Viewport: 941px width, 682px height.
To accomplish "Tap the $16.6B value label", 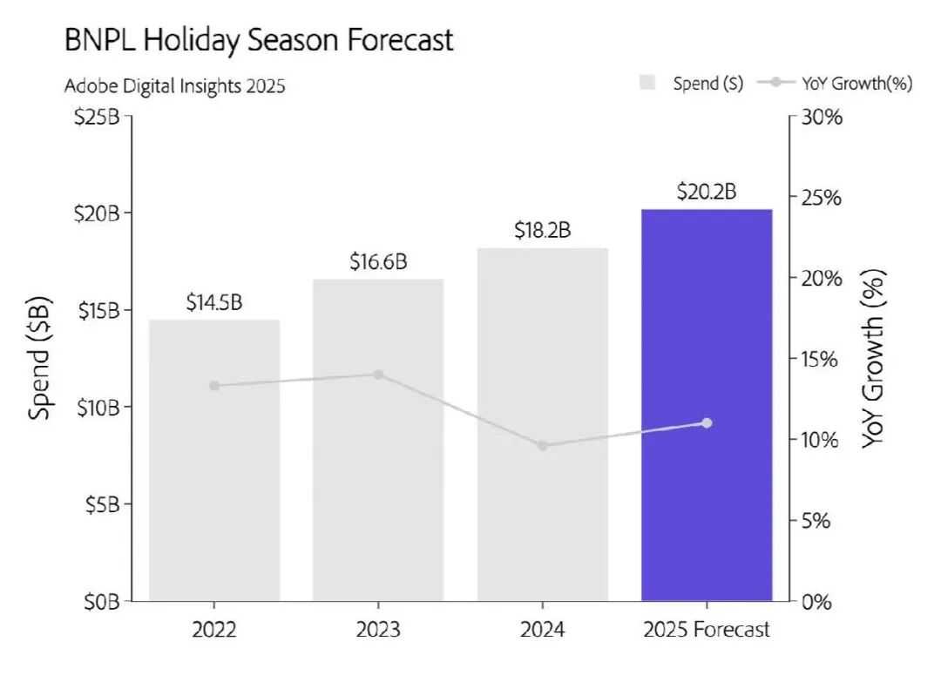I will click(x=378, y=261).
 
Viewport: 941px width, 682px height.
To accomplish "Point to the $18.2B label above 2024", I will click(x=542, y=231).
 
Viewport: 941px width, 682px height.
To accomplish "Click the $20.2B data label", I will click(x=706, y=192).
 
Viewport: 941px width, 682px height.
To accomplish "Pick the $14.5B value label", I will click(x=214, y=302).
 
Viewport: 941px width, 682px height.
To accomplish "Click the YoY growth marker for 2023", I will click(x=378, y=375).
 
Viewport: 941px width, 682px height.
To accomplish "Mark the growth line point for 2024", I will click(x=542, y=445).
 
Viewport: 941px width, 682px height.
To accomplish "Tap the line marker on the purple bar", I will click(x=707, y=423).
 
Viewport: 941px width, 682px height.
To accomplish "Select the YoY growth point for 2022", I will click(x=214, y=386).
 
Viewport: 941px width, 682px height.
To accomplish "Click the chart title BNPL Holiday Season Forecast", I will click(x=259, y=40).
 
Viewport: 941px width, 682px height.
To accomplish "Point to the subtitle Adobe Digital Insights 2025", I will click(x=175, y=86).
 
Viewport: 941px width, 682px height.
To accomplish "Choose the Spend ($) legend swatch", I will click(x=647, y=83).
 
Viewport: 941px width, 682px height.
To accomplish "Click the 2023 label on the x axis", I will click(x=378, y=629).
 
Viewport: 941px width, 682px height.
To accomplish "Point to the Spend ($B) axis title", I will click(x=40, y=358).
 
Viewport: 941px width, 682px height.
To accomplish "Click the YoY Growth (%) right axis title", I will click(x=873, y=358).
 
